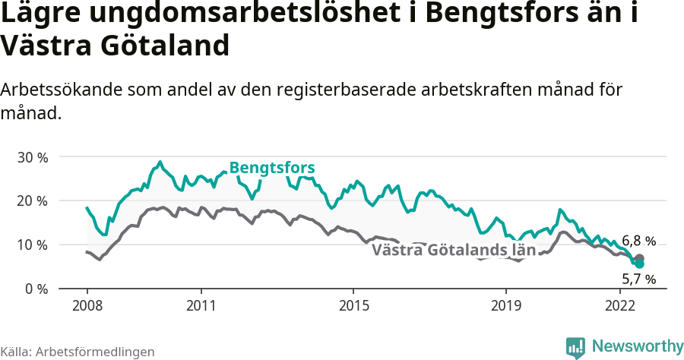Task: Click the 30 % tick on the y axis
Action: [x=33, y=157]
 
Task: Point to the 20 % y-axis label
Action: [x=33, y=201]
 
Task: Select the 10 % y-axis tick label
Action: [x=33, y=245]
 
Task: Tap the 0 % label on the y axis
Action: [x=36, y=289]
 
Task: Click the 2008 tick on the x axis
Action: [x=87, y=306]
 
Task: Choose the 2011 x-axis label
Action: [x=201, y=306]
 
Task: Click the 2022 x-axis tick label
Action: [x=620, y=306]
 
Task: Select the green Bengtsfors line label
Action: [x=272, y=168]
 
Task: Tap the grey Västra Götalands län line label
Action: [x=454, y=250]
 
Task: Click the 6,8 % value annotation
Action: [x=638, y=242]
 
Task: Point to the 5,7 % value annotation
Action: [x=638, y=279]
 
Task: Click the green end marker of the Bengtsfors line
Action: [x=639, y=264]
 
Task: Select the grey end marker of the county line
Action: [x=639, y=259]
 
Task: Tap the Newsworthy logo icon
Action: [x=575, y=347]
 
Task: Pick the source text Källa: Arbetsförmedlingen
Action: [x=78, y=352]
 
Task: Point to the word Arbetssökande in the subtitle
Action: [x=55, y=90]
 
